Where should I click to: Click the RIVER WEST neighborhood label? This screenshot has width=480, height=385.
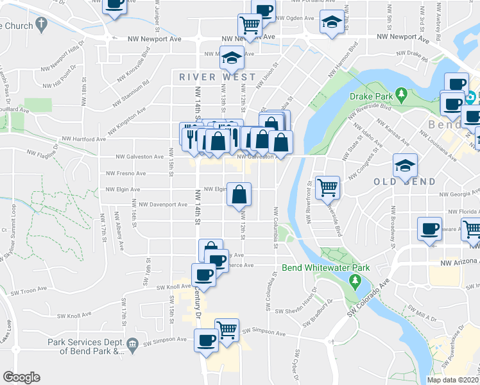[218, 77]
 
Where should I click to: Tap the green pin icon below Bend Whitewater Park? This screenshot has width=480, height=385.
[354, 280]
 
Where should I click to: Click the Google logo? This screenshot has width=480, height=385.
[21, 377]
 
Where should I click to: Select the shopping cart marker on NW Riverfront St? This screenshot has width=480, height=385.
[328, 187]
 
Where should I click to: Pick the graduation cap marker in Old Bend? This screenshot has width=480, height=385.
[405, 165]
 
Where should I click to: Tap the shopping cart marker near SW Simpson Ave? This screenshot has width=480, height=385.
[227, 329]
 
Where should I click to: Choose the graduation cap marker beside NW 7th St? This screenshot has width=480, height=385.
[332, 23]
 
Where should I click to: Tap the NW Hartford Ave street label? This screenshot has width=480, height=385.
[83, 139]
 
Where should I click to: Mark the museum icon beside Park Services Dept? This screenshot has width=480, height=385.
[133, 344]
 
